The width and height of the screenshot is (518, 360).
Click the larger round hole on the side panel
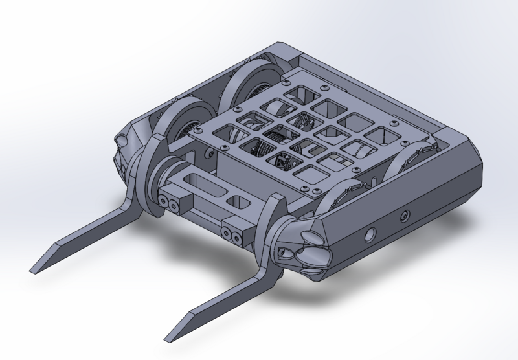pos(372,232)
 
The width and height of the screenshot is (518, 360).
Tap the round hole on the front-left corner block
pos(120,139)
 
